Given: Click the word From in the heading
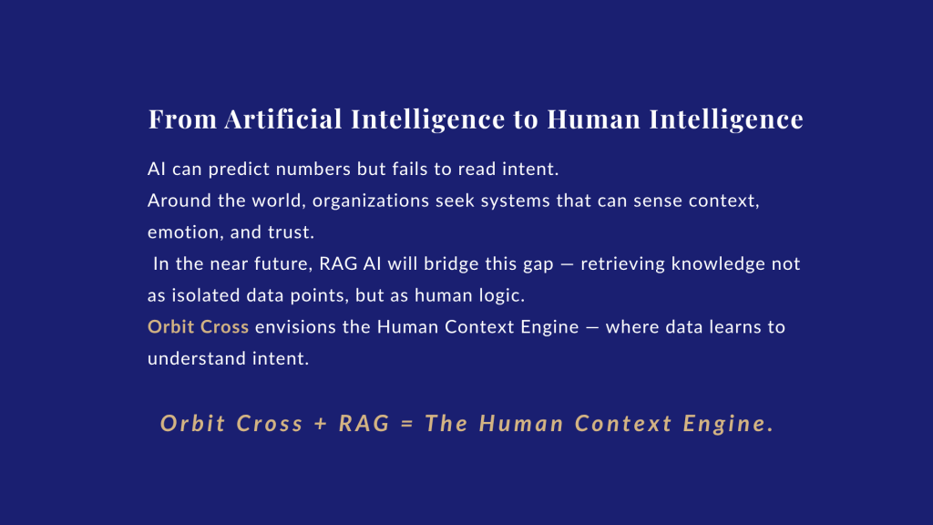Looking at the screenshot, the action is click(182, 119).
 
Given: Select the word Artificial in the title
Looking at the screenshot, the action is click(283, 118).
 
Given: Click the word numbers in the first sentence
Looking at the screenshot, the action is click(313, 169).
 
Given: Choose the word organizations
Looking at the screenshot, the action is click(371, 201).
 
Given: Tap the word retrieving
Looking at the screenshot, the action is click(623, 263).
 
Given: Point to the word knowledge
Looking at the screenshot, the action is click(718, 263).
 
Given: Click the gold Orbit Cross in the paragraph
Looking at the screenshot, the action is click(198, 327).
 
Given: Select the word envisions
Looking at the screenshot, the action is click(296, 327).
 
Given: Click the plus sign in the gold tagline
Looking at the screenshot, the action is click(321, 424).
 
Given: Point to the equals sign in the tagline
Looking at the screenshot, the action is click(407, 424).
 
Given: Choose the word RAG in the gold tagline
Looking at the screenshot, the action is click(364, 423).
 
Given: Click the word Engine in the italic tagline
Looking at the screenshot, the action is click(728, 424).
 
